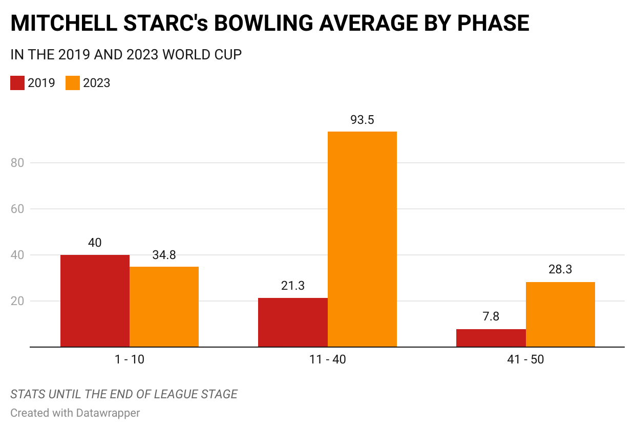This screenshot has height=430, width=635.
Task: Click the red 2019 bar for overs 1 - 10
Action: [x=95, y=301]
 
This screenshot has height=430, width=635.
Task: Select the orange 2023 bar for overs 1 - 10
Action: [x=164, y=307]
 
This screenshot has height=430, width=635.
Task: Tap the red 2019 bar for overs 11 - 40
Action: [x=292, y=322]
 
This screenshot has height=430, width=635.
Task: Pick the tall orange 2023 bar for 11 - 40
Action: [x=362, y=239]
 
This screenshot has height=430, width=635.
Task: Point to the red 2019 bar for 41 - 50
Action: [x=491, y=338]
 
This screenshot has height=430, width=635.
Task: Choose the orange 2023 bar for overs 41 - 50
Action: [x=560, y=314]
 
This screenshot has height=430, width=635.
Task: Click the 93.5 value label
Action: [x=362, y=120]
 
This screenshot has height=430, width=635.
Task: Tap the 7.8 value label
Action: [x=491, y=317]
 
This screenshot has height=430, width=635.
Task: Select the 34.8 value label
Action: [x=164, y=255]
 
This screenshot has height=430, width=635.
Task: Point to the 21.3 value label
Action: [x=292, y=286]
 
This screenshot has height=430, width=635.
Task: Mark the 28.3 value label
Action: [x=560, y=270]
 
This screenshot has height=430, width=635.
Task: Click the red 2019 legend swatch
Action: [x=17, y=83]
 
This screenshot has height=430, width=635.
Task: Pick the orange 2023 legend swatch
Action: [x=73, y=83]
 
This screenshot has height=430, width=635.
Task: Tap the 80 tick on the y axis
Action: [x=17, y=163]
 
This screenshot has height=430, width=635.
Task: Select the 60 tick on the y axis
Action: [x=17, y=209]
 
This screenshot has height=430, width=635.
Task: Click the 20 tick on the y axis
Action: [x=17, y=301]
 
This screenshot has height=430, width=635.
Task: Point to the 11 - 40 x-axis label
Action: [x=327, y=360]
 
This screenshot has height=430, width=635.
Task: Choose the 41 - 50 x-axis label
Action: [x=525, y=360]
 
